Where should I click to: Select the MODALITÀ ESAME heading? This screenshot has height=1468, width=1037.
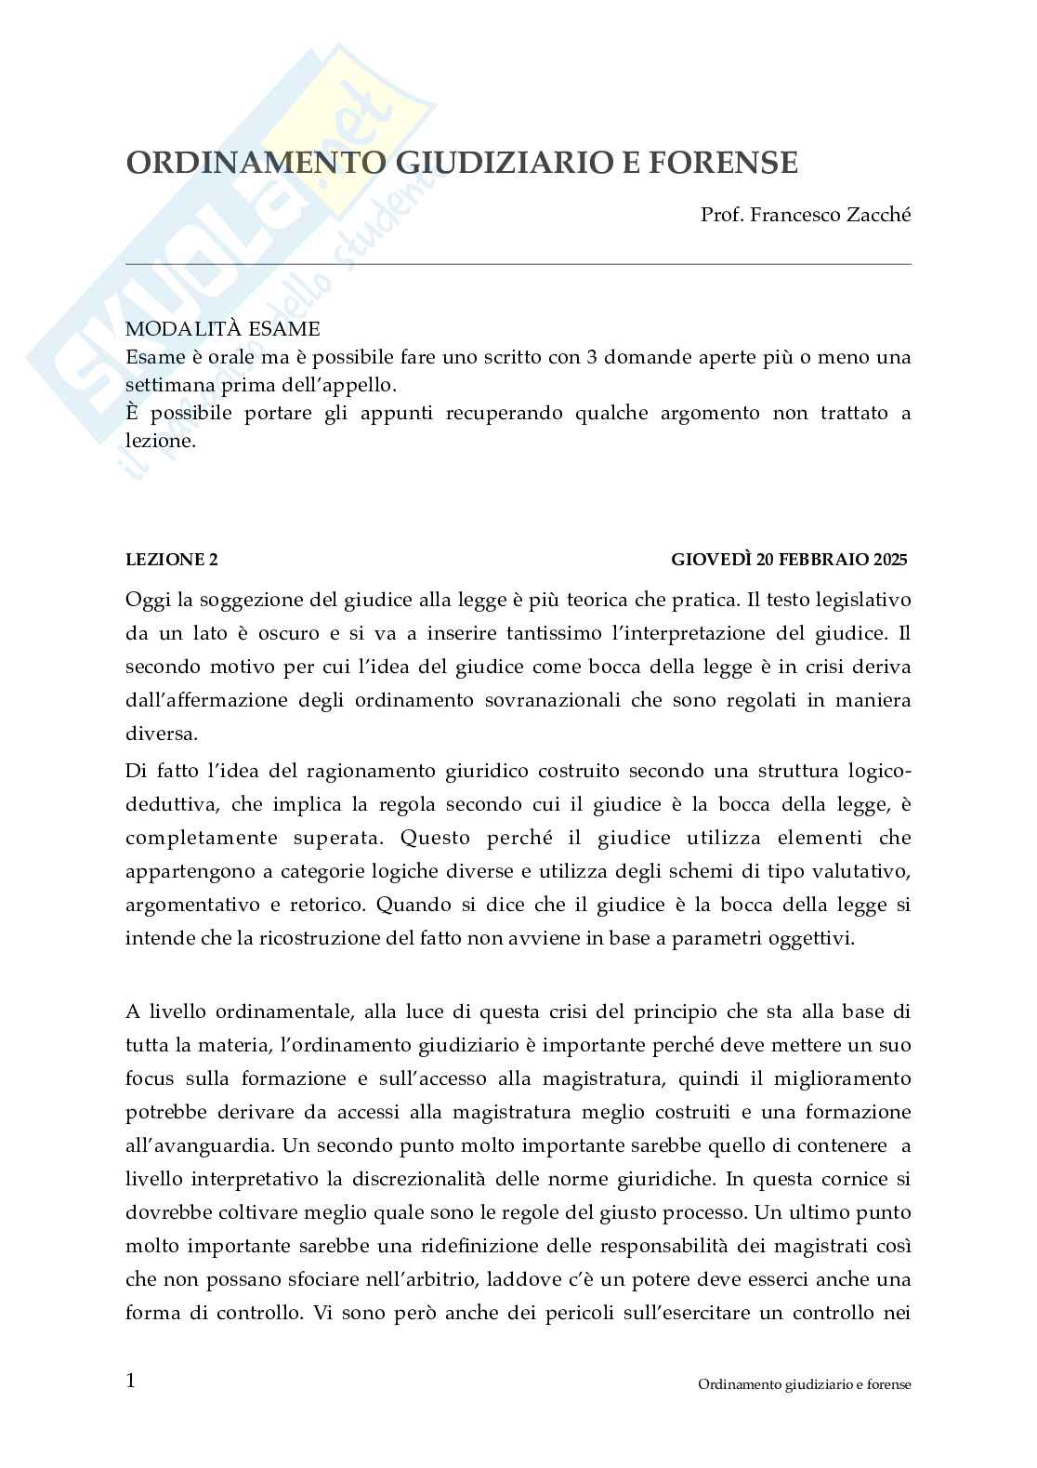pyautogui.click(x=222, y=328)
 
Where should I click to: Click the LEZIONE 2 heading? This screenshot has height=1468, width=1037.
pyautogui.click(x=172, y=560)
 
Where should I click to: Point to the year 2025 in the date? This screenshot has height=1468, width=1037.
pyautogui.click(x=890, y=560)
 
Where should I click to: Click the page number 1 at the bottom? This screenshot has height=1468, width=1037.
pyautogui.click(x=131, y=1380)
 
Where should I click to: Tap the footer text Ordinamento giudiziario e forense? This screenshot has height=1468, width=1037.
pyautogui.click(x=804, y=1384)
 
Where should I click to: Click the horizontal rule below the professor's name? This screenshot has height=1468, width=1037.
pyautogui.click(x=518, y=264)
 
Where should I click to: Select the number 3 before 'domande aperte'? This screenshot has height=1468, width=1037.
pyautogui.click(x=591, y=357)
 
